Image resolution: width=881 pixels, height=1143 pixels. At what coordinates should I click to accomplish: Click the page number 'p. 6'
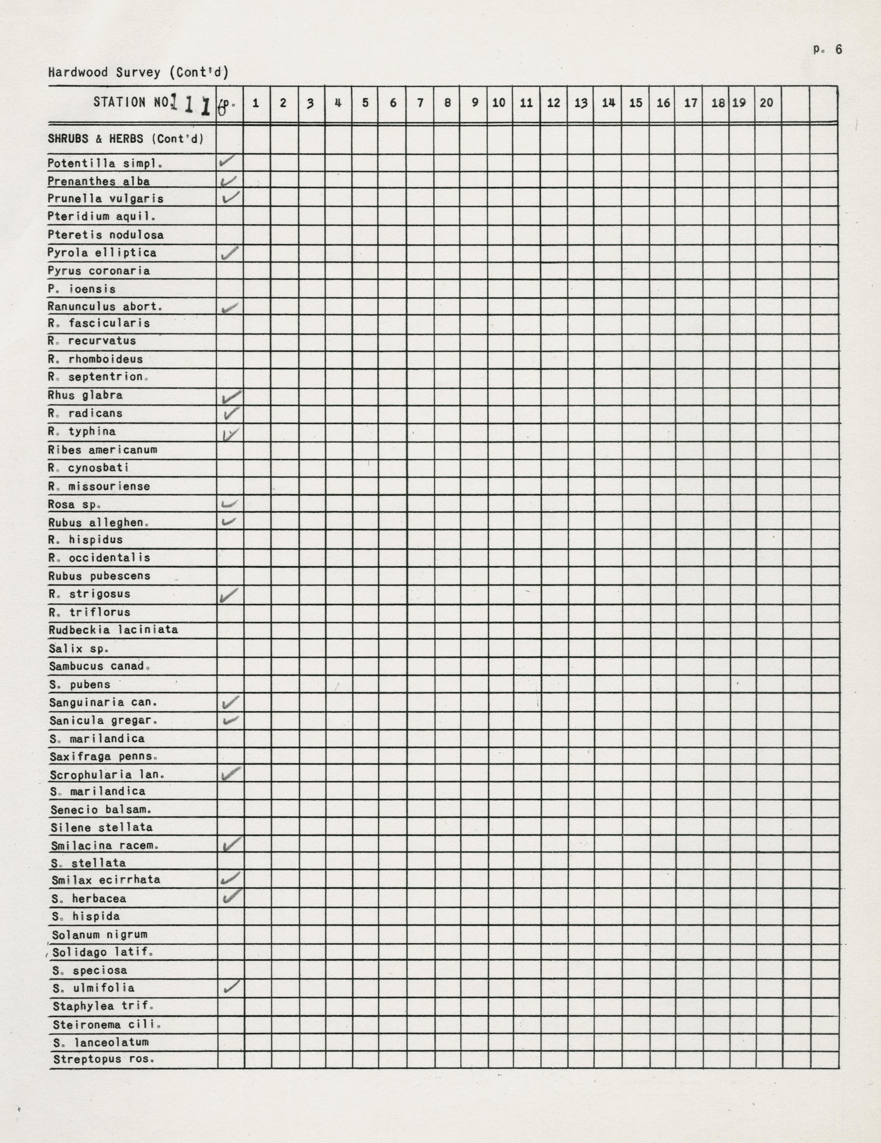(827, 50)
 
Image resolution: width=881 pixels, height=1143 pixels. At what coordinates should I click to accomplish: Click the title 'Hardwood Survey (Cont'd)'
(138, 72)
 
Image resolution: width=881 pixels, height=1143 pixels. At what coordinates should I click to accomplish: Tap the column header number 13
(581, 103)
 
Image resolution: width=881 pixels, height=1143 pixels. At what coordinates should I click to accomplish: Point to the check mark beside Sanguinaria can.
(230, 702)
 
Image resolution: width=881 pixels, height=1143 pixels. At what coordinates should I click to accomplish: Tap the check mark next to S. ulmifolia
(231, 986)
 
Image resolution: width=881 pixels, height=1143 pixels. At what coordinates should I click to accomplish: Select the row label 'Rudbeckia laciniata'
(113, 630)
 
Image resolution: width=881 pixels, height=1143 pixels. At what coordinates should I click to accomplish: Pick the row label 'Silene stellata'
(102, 827)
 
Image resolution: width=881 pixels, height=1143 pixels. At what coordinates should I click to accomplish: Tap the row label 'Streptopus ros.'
(104, 1060)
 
